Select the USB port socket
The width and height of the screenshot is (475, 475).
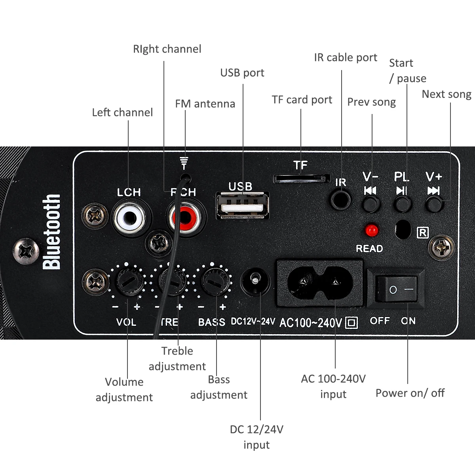242,206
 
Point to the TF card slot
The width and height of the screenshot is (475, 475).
301,178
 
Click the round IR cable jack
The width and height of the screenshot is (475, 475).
340,199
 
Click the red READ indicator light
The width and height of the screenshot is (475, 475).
371,230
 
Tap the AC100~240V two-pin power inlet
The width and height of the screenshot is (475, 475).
319,283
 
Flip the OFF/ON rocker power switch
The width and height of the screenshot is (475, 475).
396,289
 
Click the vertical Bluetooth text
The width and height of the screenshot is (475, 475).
51,232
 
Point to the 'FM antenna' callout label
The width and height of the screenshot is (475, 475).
205,104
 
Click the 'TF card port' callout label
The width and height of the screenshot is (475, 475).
302,100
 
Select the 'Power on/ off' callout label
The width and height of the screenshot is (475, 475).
410,393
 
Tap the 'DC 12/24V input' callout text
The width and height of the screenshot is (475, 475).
256,437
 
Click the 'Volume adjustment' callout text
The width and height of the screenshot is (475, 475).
124,389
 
